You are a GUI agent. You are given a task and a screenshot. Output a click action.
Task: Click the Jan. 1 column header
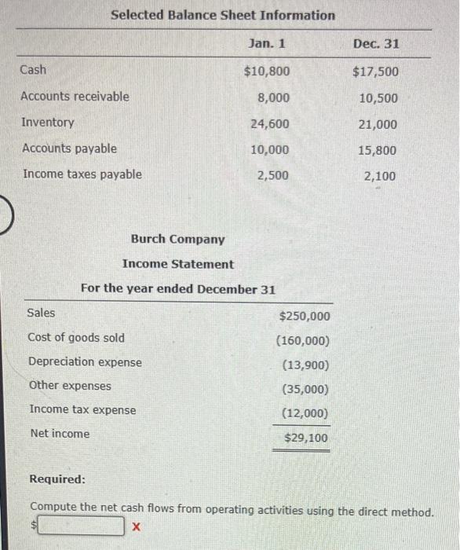pyautogui.click(x=266, y=42)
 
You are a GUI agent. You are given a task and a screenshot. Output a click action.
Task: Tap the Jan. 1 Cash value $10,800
pyautogui.click(x=266, y=71)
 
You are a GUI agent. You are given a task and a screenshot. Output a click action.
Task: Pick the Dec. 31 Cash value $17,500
pyautogui.click(x=375, y=72)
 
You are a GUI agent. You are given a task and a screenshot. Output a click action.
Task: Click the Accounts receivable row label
pyautogui.click(x=75, y=97)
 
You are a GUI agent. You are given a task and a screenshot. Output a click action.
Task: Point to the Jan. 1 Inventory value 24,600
pyautogui.click(x=269, y=124)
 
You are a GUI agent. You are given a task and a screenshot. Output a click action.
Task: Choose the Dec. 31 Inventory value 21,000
pyautogui.click(x=378, y=124)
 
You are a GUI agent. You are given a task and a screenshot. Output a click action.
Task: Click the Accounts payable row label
pyautogui.click(x=69, y=148)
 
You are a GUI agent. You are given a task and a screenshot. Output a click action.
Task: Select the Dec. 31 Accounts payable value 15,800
pyautogui.click(x=378, y=150)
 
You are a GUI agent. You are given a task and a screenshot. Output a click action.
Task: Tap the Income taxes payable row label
pyautogui.click(x=82, y=174)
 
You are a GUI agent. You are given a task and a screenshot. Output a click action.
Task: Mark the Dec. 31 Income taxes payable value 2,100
pyautogui.click(x=381, y=176)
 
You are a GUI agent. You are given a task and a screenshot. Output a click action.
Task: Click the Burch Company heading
pyautogui.click(x=177, y=240)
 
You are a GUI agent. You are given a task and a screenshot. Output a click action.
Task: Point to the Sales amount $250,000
pyautogui.click(x=305, y=316)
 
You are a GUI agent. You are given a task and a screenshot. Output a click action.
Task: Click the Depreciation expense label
pyautogui.click(x=86, y=362)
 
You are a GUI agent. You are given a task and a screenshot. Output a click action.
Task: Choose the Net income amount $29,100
pyautogui.click(x=306, y=438)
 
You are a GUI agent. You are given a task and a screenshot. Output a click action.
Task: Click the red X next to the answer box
pyautogui.click(x=137, y=526)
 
